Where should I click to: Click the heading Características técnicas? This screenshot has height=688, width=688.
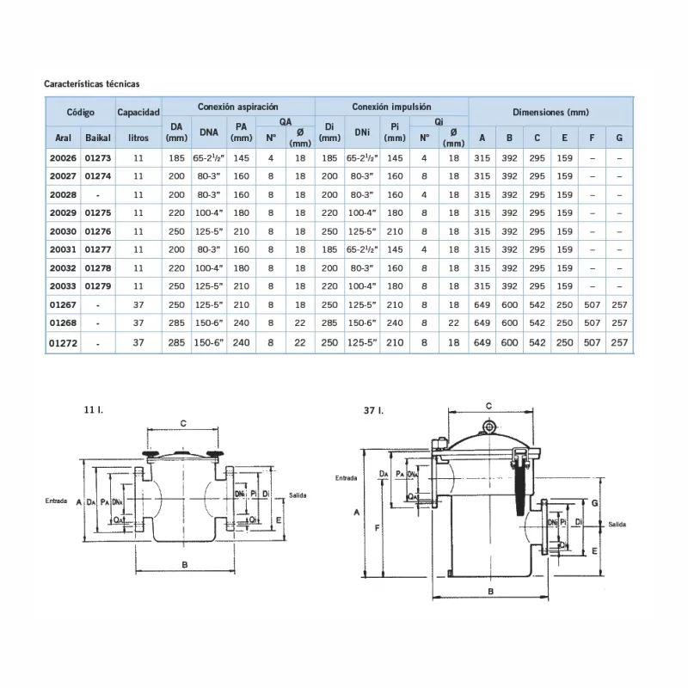92,84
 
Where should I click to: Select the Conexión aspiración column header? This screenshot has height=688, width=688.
238,107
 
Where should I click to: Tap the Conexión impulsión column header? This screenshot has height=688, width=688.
391,107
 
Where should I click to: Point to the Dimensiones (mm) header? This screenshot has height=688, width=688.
550,113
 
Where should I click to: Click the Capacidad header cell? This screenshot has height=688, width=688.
138,113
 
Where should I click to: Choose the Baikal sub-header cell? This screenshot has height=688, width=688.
98,138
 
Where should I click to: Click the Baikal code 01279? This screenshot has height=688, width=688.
98,286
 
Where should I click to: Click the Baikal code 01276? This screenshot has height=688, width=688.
98,230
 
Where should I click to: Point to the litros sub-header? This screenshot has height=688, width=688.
138,138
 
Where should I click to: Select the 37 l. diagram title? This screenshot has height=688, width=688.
372,411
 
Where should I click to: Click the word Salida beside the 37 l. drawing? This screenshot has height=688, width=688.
617,524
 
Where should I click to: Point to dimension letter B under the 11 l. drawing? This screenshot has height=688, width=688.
185,563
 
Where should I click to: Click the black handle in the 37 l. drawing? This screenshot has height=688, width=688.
522,490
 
